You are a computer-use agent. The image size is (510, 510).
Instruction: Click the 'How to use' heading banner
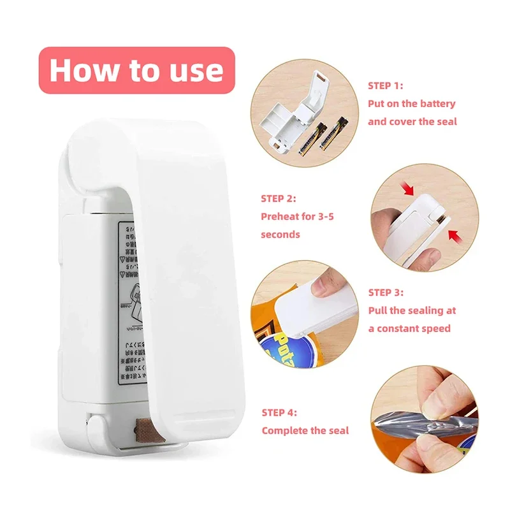[x=136, y=70]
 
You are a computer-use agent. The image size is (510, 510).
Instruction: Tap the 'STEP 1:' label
[x=385, y=85]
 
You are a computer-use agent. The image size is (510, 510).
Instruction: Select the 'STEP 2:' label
[x=278, y=198]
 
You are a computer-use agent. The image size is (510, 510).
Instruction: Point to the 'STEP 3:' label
[x=385, y=293]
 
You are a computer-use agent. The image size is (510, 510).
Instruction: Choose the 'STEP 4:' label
[x=279, y=412]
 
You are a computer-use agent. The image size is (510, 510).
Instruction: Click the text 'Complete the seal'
[x=305, y=430]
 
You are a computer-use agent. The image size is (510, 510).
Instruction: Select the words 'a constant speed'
[x=409, y=328]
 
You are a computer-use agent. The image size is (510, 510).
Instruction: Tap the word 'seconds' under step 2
[x=280, y=234]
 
